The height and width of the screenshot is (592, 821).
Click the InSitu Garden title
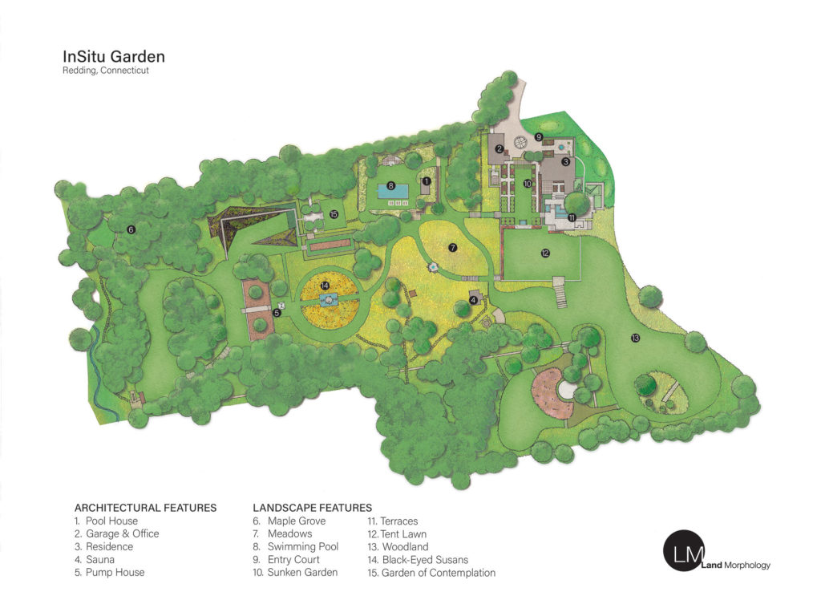pyautogui.click(x=114, y=57)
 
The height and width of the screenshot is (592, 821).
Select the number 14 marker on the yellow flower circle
pyautogui.click(x=326, y=285)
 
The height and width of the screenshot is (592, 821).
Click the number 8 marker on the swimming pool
pyautogui.click(x=391, y=186)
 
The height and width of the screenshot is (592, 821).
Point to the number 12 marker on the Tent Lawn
pyautogui.click(x=545, y=253)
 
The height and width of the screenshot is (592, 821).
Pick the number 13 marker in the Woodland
pyautogui.click(x=636, y=338)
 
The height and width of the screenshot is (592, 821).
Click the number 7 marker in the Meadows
pyautogui.click(x=453, y=248)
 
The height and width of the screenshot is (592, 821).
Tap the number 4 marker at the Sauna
pyautogui.click(x=473, y=301)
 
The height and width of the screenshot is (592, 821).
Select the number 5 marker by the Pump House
pyautogui.click(x=277, y=313)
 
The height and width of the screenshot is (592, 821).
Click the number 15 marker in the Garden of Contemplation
pyautogui.click(x=334, y=214)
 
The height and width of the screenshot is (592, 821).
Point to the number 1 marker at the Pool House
pyautogui.click(x=427, y=182)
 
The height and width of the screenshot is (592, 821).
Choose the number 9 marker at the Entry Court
pyautogui.click(x=539, y=137)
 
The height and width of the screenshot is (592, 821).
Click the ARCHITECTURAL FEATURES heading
pyautogui.click(x=145, y=508)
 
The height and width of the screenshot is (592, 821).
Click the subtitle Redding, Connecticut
pyautogui.click(x=106, y=71)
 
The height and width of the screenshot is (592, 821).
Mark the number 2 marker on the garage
pyautogui.click(x=499, y=149)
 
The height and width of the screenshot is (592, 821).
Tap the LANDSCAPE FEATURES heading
pyautogui.click(x=312, y=508)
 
